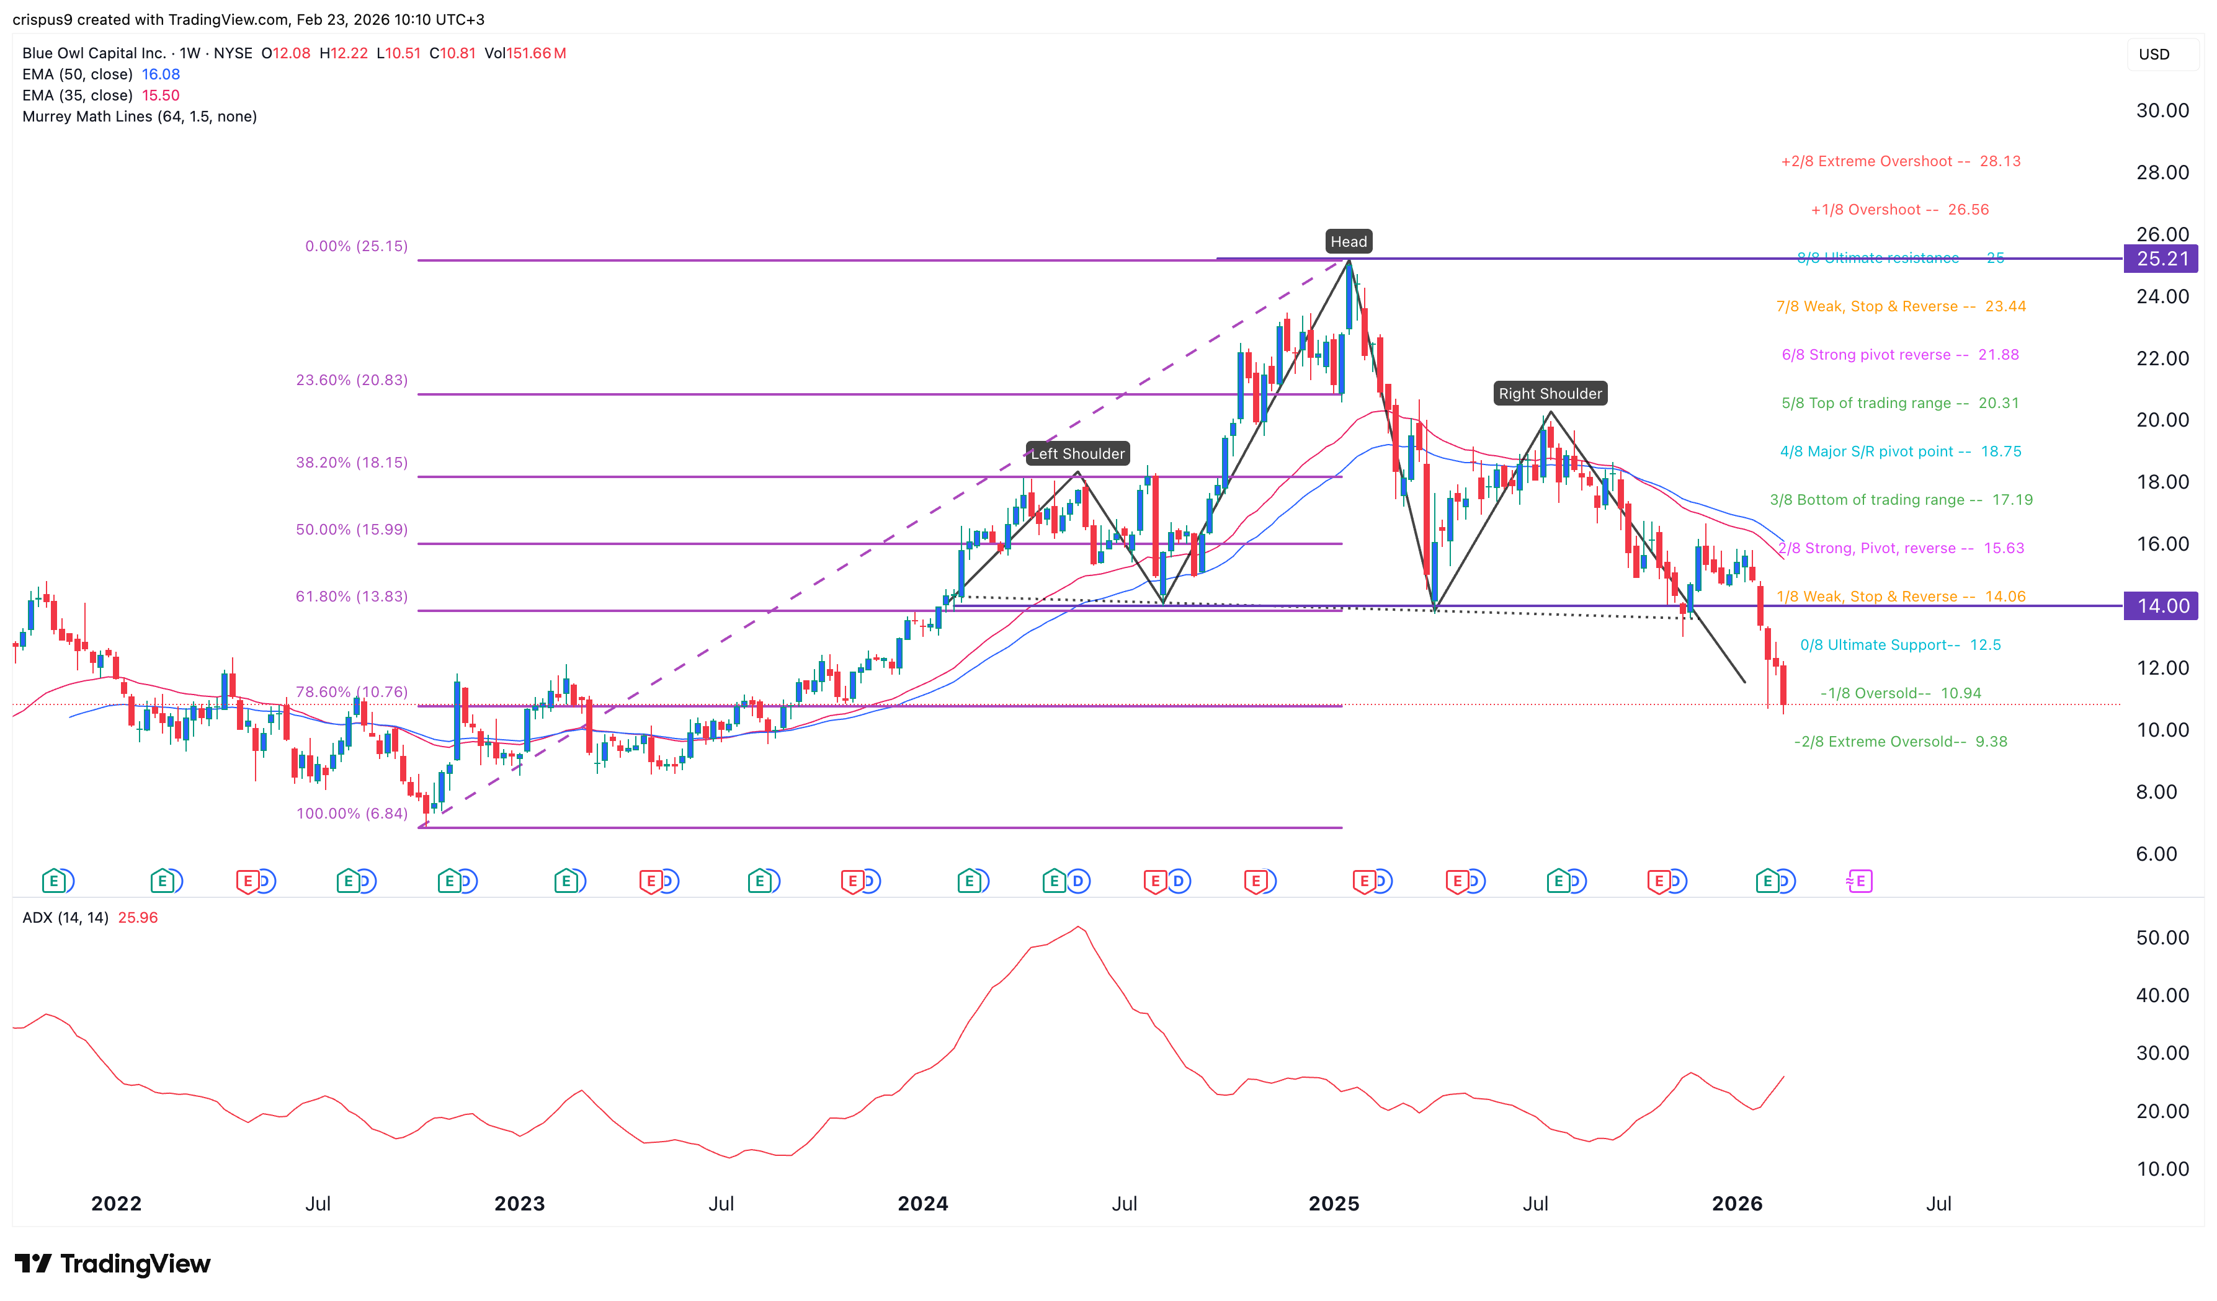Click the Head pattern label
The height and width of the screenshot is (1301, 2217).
pyautogui.click(x=1348, y=242)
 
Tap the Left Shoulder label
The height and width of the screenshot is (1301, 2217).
pyautogui.click(x=1077, y=454)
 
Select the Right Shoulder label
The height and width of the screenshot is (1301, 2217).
pyautogui.click(x=1550, y=394)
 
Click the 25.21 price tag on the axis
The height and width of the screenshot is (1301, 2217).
pyautogui.click(x=2162, y=259)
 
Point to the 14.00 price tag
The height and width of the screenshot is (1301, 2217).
pyautogui.click(x=2162, y=606)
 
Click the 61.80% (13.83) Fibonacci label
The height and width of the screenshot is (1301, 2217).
pyautogui.click(x=351, y=597)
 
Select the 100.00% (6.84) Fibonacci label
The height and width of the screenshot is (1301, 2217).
pyautogui.click(x=351, y=814)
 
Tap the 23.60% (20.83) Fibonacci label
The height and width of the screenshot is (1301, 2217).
pyautogui.click(x=351, y=380)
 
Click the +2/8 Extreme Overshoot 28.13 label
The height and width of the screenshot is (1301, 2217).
pyautogui.click(x=1900, y=162)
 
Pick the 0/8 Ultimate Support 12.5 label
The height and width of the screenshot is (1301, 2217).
pyautogui.click(x=1899, y=645)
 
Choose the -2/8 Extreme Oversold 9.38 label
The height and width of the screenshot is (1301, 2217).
pyautogui.click(x=1899, y=742)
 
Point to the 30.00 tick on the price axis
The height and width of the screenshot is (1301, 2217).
pyautogui.click(x=2162, y=111)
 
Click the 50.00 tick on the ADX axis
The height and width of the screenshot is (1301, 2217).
pyautogui.click(x=2162, y=938)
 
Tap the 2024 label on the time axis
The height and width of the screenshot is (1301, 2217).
pyautogui.click(x=922, y=1204)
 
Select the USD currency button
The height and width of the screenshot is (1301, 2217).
pyautogui.click(x=2154, y=55)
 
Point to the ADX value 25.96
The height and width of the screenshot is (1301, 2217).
pyautogui.click(x=138, y=918)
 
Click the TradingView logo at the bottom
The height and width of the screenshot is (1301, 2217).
pyautogui.click(x=113, y=1264)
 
